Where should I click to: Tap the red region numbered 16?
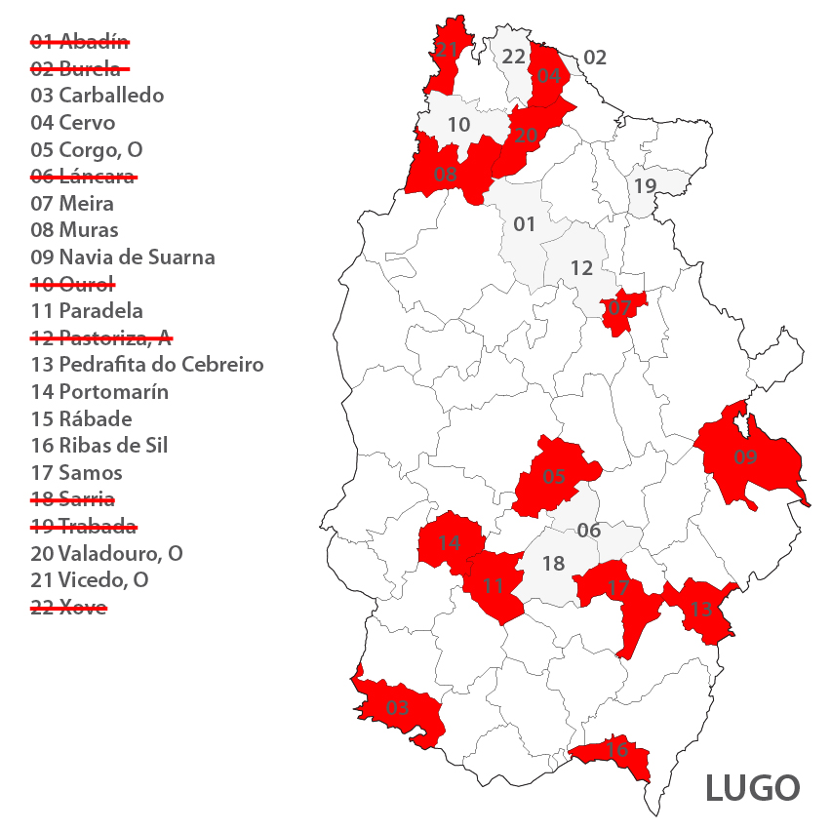[x=614, y=753]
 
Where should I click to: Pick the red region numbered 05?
[x=554, y=476]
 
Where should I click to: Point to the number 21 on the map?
[x=447, y=50]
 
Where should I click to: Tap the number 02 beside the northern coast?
[x=595, y=58]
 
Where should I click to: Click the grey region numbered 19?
[x=645, y=185]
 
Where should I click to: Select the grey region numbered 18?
[x=553, y=564]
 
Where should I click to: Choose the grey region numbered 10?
[x=458, y=125]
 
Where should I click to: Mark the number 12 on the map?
[x=581, y=268]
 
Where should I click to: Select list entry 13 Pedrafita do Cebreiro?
[x=147, y=365]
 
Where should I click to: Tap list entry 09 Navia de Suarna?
[x=123, y=257]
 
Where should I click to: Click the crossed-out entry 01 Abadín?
[x=80, y=41]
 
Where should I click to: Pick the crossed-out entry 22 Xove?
[x=68, y=608]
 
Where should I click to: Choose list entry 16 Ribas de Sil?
[x=99, y=446]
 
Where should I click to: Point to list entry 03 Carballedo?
[x=98, y=96]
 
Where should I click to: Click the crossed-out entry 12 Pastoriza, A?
[x=101, y=338]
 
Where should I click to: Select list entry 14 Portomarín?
[x=99, y=392]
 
